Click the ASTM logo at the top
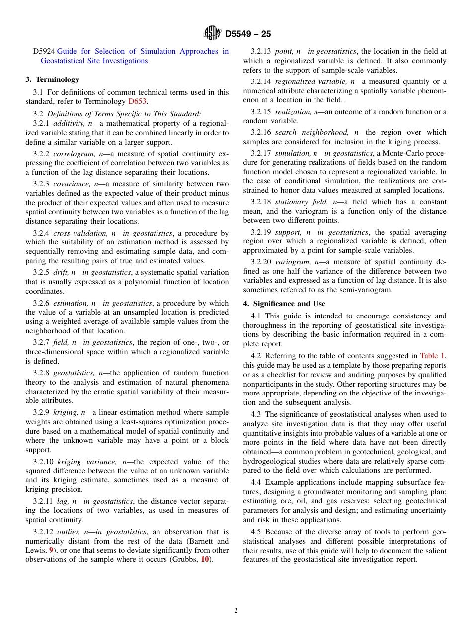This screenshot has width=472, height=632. (212, 34)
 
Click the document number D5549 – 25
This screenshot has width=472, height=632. (248, 34)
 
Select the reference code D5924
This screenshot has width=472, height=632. (44, 51)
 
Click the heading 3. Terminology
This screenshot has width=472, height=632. (52, 79)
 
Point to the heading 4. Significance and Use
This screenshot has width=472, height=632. (284, 304)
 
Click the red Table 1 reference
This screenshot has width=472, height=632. (432, 356)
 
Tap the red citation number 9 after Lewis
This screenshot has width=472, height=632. (51, 550)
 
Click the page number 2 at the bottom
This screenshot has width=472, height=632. (236, 611)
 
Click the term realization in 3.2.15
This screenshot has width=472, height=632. (293, 112)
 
